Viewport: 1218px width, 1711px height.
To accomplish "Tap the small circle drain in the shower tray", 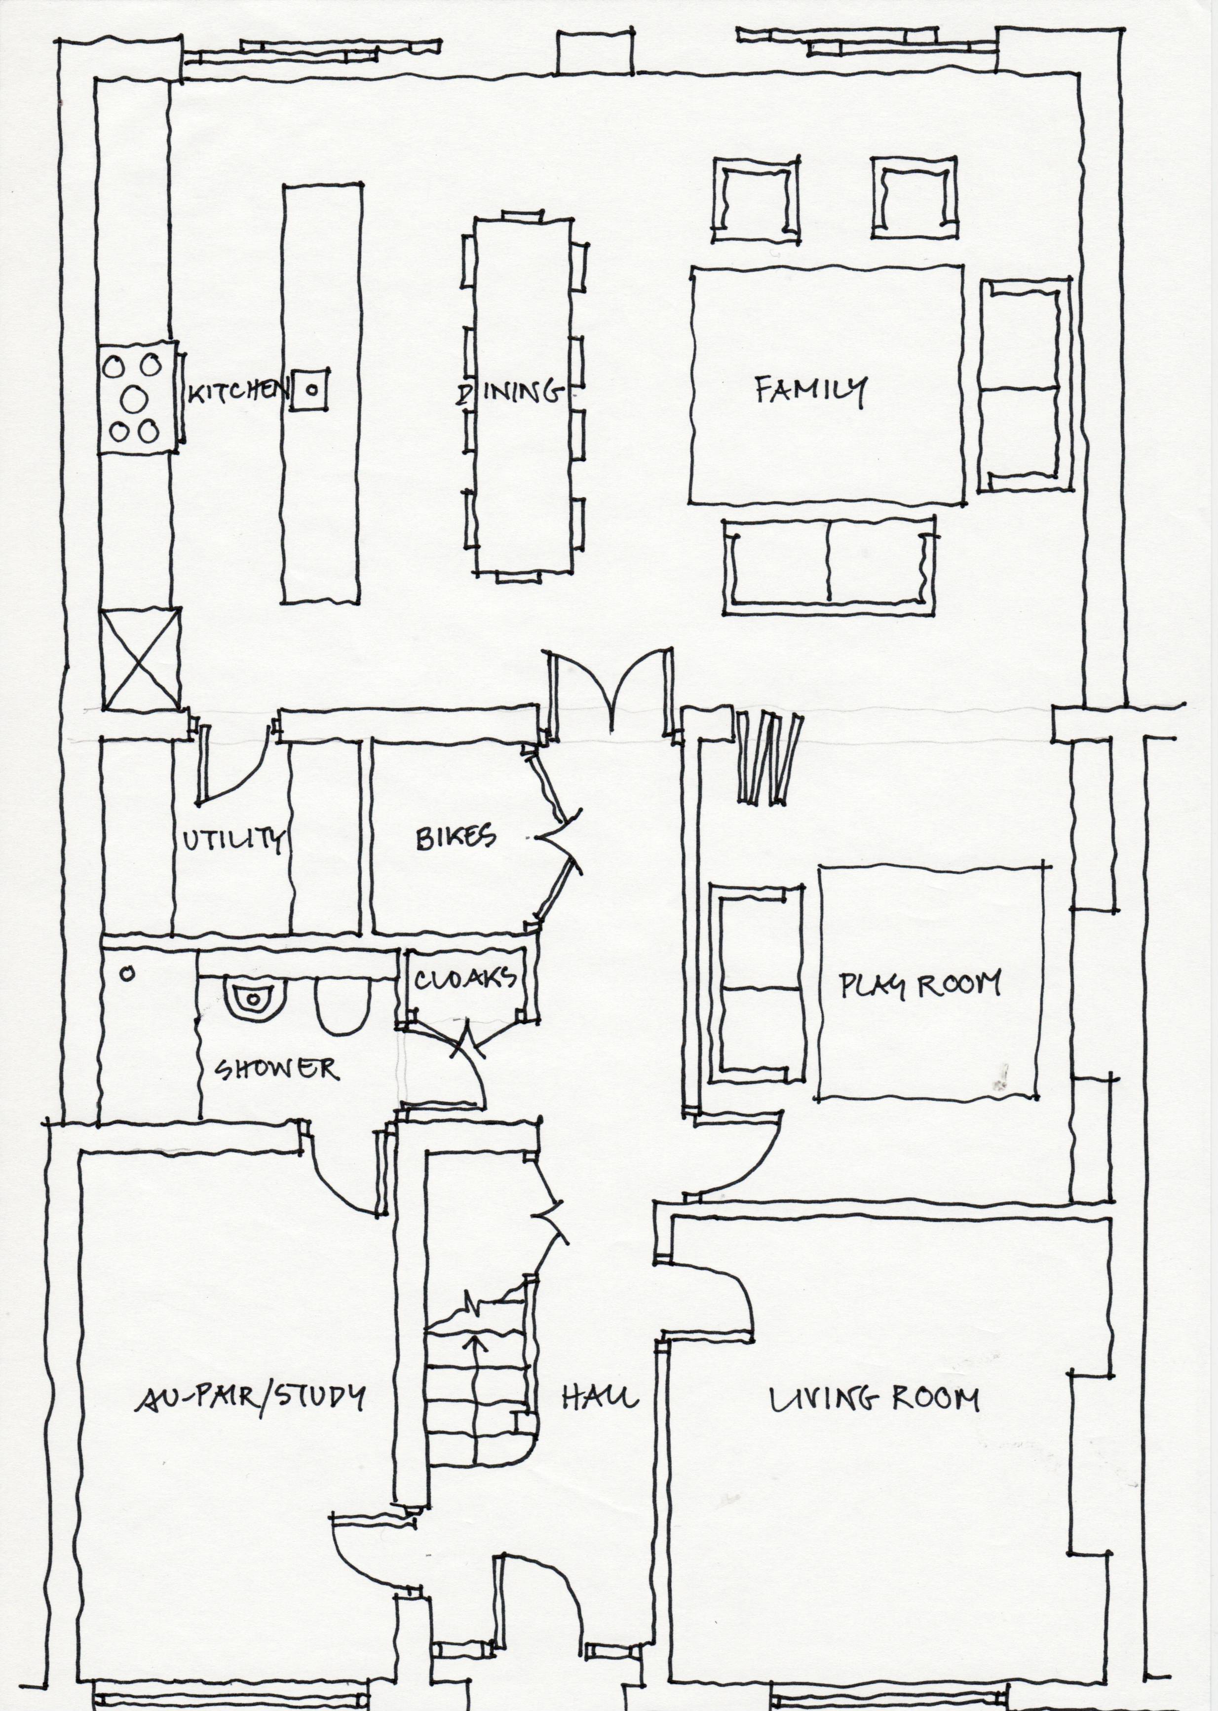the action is coord(127,974).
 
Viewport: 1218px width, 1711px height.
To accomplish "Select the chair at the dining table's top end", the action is coord(521,215).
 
